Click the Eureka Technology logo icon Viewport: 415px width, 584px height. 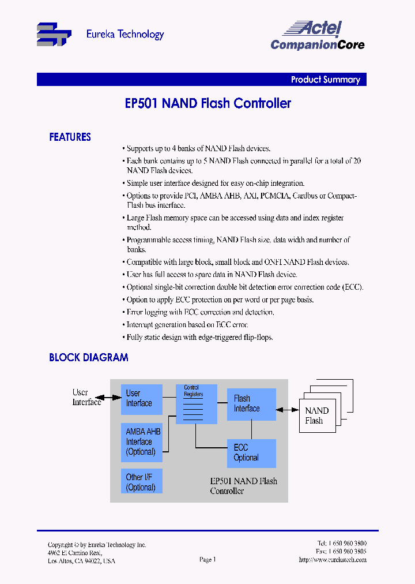click(x=54, y=35)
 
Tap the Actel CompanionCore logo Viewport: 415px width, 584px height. click(x=317, y=36)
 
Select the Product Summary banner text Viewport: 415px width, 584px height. click(x=325, y=80)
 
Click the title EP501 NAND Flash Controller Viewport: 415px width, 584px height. click(x=207, y=103)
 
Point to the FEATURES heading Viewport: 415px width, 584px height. click(x=70, y=137)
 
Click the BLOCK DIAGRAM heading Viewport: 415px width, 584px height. click(x=88, y=358)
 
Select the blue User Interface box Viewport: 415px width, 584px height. click(x=141, y=399)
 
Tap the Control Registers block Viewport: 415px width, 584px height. click(x=197, y=404)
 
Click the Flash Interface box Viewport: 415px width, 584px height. click(x=251, y=404)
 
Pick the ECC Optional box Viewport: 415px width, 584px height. click(x=251, y=453)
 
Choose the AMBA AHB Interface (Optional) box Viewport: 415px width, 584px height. click(x=141, y=441)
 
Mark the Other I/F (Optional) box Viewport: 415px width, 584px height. click(x=141, y=482)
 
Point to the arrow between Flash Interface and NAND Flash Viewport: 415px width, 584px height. click(x=287, y=410)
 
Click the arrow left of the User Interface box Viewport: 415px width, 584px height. click(x=108, y=398)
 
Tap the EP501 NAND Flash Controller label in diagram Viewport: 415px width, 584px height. click(x=243, y=486)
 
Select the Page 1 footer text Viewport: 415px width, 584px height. click(x=207, y=559)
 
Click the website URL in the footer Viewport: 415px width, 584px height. click(x=333, y=560)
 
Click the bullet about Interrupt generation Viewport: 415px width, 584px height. click(x=187, y=325)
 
